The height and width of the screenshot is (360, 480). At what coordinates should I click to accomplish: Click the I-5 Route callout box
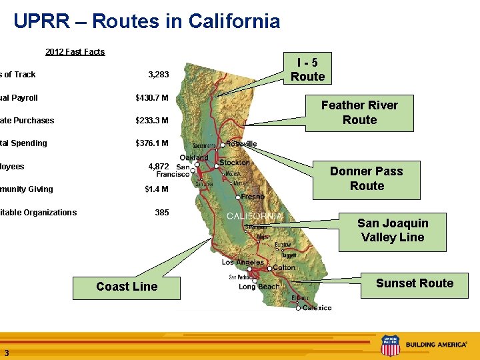pos(307,69)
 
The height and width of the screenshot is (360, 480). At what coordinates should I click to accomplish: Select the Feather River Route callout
pos(359,113)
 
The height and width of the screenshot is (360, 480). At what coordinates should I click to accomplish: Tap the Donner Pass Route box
pos(367,179)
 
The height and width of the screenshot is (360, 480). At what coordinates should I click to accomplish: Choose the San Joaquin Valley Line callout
pos(392,231)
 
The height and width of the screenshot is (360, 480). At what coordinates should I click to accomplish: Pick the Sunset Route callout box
pos(414,283)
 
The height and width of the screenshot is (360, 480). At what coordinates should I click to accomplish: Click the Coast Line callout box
pos(127,287)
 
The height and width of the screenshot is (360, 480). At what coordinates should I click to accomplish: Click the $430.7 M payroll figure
pos(152,98)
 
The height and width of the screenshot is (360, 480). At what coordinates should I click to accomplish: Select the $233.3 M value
pos(152,121)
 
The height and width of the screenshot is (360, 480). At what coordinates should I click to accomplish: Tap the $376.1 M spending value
pos(152,143)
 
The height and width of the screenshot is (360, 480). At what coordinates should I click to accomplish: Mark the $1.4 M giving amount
pos(157,189)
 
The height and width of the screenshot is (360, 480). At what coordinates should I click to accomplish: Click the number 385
pos(161,213)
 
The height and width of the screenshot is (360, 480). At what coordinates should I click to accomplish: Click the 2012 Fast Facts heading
pos(75,52)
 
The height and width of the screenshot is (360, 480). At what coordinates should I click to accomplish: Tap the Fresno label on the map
pos(253,197)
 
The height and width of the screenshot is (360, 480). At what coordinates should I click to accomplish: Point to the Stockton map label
pos(234,163)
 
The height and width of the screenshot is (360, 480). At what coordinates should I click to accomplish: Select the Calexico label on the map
pos(317,308)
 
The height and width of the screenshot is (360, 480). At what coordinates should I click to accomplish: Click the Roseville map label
pos(241,144)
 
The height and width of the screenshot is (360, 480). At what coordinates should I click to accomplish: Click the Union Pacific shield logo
pos(390,345)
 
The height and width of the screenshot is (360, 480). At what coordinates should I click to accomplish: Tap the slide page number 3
pos(6,353)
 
